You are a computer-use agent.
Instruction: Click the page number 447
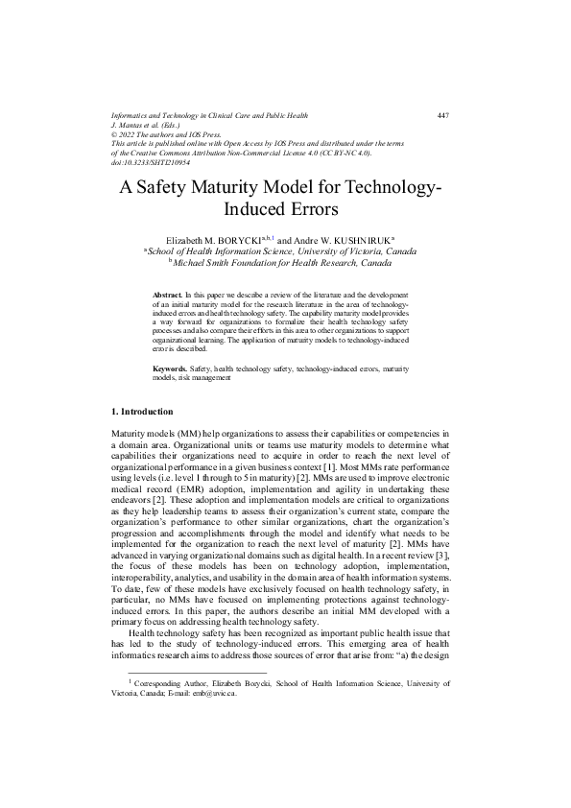coord(442,116)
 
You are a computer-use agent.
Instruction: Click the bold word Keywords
coord(170,369)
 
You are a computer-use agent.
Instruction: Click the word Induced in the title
coord(256,209)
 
